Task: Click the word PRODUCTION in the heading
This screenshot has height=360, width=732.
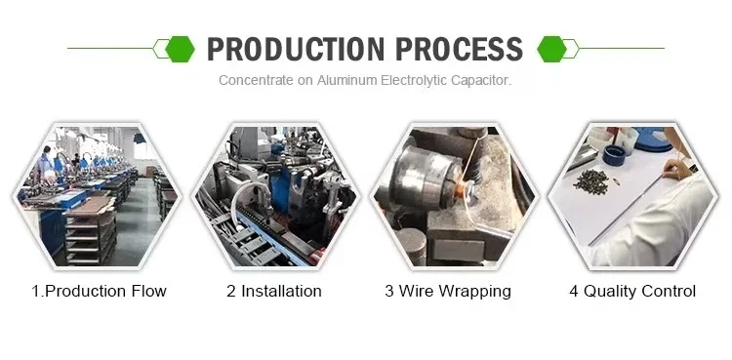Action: [296, 49]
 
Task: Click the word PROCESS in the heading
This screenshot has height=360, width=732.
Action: [460, 49]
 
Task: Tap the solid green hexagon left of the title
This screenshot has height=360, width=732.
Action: [181, 49]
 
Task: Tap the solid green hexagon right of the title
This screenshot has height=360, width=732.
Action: [551, 49]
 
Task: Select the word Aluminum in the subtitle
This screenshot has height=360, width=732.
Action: [346, 80]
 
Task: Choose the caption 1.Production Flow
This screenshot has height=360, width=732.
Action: [99, 291]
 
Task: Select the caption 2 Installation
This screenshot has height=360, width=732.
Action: [274, 291]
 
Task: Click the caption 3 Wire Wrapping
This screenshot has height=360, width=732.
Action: [448, 292]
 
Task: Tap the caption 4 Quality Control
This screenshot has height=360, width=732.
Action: [632, 291]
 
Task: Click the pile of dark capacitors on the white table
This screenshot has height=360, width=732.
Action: [591, 181]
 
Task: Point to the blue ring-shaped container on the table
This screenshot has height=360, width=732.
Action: [614, 154]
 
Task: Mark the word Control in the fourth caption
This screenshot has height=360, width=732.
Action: [669, 291]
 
